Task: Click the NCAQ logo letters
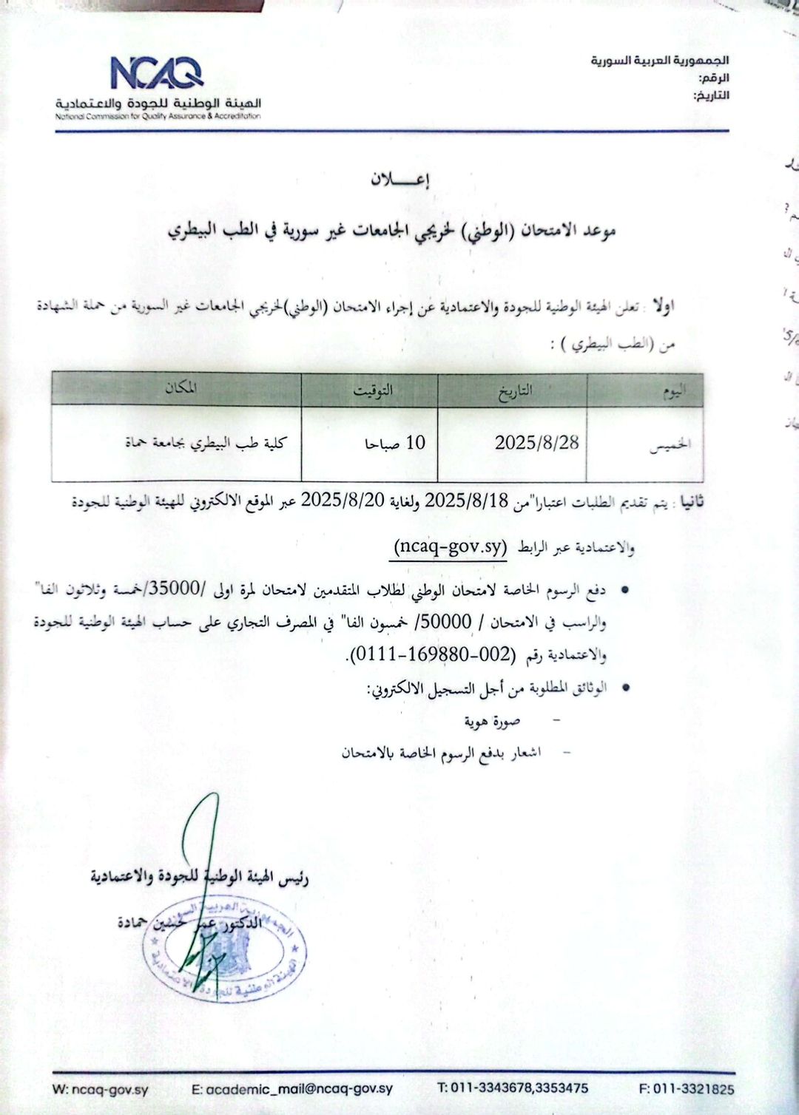click(x=157, y=73)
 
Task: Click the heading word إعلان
click(x=399, y=180)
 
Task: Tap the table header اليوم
click(x=672, y=391)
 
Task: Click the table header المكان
click(x=181, y=388)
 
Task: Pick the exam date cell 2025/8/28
click(x=536, y=443)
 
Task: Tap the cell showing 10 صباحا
click(x=395, y=443)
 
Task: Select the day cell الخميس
click(x=670, y=444)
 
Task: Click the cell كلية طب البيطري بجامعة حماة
click(x=206, y=443)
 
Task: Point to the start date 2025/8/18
click(x=467, y=500)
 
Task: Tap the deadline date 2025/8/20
click(x=343, y=500)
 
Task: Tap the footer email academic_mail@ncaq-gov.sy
click(x=292, y=1088)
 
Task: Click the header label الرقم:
click(x=713, y=78)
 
